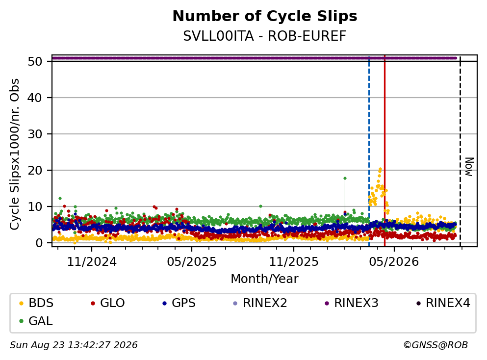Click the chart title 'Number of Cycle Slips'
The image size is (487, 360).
click(x=265, y=16)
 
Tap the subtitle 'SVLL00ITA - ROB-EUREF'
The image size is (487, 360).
click(x=265, y=36)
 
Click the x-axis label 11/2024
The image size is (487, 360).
click(x=92, y=262)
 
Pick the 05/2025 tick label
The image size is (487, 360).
click(x=192, y=262)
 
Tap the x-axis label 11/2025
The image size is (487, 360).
click(x=293, y=262)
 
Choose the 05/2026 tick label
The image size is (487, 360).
click(x=394, y=262)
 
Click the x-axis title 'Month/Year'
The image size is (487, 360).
click(x=265, y=279)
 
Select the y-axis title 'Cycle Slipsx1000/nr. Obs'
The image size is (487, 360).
click(x=15, y=154)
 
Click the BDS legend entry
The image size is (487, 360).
click(x=36, y=303)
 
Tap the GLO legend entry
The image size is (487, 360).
click(x=108, y=303)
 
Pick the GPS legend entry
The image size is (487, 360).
click(x=179, y=303)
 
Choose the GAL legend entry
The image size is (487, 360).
click(x=36, y=321)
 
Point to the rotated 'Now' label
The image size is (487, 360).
click(x=469, y=167)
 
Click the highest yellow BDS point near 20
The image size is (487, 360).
click(x=380, y=169)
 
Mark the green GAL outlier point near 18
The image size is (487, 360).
click(x=345, y=179)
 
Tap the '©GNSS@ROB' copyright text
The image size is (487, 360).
click(x=436, y=345)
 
